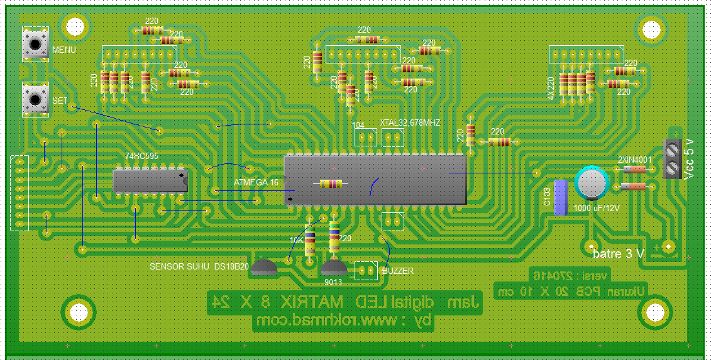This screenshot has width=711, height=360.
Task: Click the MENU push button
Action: pyautogui.click(x=36, y=43)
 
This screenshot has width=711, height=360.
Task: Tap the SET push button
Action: pyautogui.click(x=36, y=99)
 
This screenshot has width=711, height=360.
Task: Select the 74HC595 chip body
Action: pyautogui.click(x=151, y=180)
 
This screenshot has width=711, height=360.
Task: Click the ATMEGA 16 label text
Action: pyautogui.click(x=256, y=182)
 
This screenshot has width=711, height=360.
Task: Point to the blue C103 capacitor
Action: pyautogui.click(x=561, y=197)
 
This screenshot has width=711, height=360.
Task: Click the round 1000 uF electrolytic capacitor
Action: pyautogui.click(x=592, y=182)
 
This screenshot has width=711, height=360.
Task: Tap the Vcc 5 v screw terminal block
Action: pyautogui.click(x=673, y=160)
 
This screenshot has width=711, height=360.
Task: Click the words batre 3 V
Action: pyautogui.click(x=618, y=254)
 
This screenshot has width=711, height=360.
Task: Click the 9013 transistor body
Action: pyautogui.click(x=334, y=269)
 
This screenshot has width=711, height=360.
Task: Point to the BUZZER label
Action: pyautogui.click(x=398, y=271)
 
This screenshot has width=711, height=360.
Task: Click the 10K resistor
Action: pyautogui.click(x=310, y=241)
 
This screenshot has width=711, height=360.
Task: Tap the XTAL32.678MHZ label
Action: pyautogui.click(x=410, y=123)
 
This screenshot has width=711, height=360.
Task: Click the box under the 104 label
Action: pyautogui.click(x=367, y=137)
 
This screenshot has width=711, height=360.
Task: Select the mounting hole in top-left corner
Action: pyautogui.click(x=75, y=26)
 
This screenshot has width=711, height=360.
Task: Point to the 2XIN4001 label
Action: pyautogui.click(x=634, y=159)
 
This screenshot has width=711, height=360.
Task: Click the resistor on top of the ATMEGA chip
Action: pyautogui.click(x=331, y=183)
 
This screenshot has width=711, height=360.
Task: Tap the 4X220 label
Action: pyautogui.click(x=551, y=88)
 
